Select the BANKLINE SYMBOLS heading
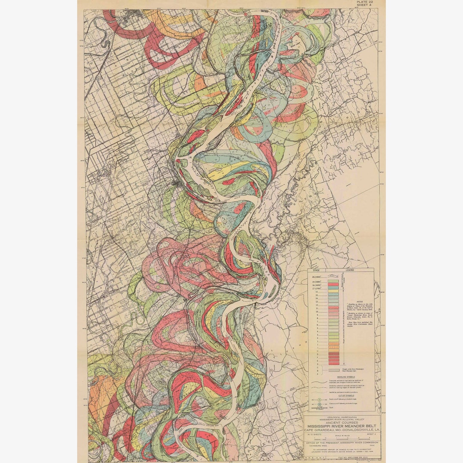point(341,378)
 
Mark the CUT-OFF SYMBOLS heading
point(341,395)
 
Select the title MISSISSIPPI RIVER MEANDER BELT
point(342,426)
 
